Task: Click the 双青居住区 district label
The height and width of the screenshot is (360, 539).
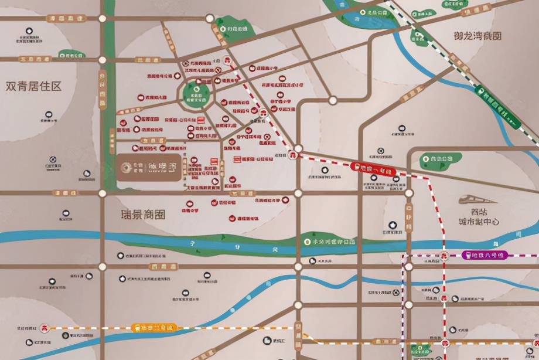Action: (33, 86)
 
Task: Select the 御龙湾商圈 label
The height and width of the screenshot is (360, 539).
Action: (477, 36)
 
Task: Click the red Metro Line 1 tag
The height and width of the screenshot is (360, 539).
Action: (373, 169)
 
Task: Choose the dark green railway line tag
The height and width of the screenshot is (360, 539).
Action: (496, 105)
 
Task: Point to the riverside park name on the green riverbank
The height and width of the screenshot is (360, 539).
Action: (332, 242)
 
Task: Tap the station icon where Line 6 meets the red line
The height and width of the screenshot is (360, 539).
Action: (444, 255)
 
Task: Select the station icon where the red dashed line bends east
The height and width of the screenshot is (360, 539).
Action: (292, 155)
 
